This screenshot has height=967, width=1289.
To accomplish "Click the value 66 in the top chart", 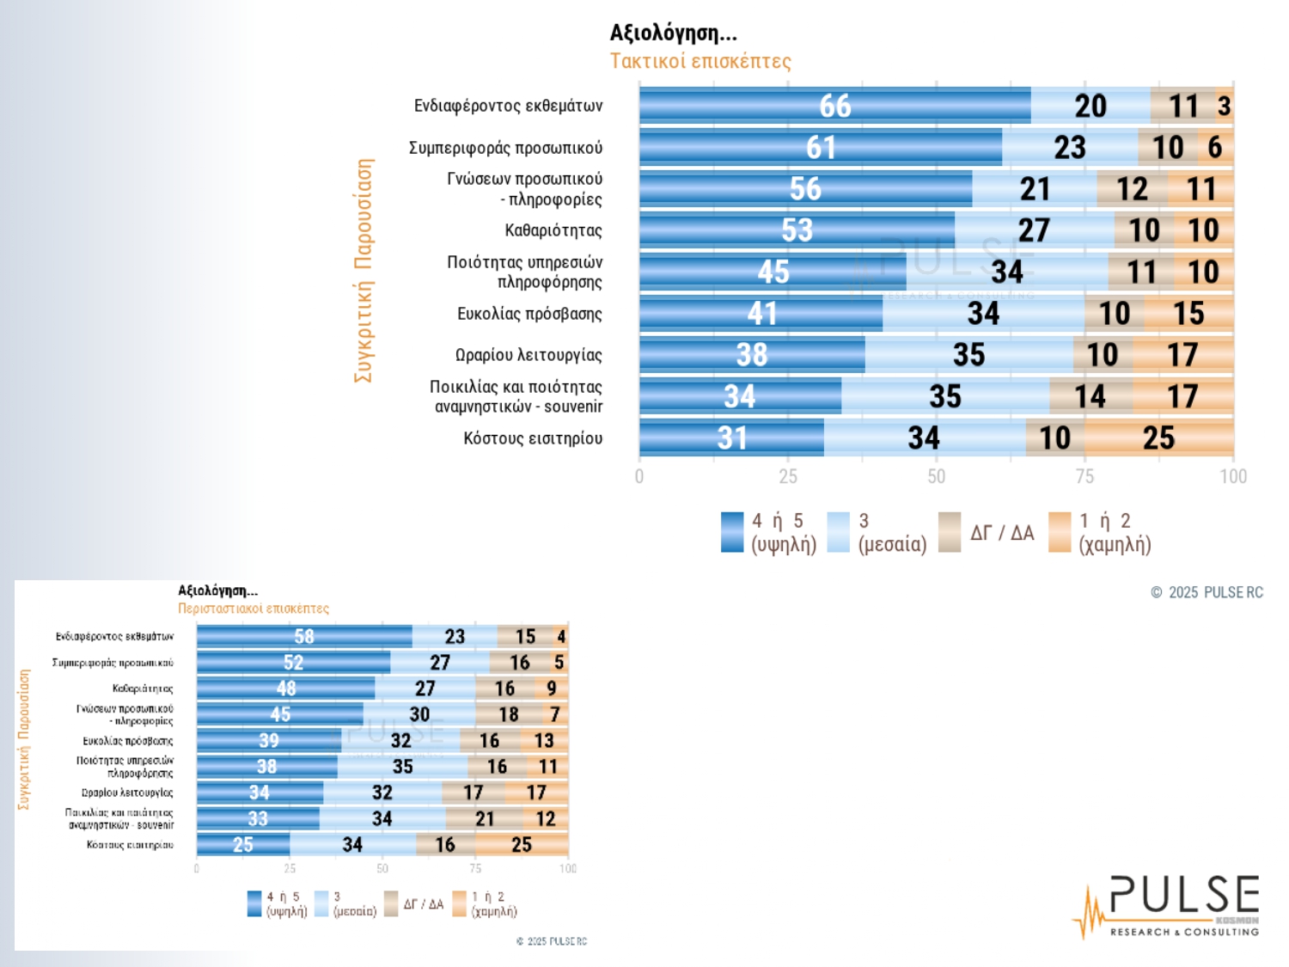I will (x=834, y=106).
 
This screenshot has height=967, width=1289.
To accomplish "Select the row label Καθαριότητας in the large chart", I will (x=553, y=230).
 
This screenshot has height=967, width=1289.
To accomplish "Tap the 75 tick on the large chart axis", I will (x=1084, y=476).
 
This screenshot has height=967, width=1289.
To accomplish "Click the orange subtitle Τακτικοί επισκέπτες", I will (x=700, y=61).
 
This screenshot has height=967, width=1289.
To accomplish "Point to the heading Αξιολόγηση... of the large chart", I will (x=673, y=33).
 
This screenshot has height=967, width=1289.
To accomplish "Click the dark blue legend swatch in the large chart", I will (x=732, y=532).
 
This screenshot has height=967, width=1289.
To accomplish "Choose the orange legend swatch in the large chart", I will (x=1060, y=532).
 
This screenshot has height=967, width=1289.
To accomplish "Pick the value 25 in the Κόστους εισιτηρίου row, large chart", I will (x=1158, y=438).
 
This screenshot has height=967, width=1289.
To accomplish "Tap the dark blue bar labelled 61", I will (x=821, y=147).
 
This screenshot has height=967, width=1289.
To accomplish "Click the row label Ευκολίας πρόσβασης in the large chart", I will (x=529, y=314).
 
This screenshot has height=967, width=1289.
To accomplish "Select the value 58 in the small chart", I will (x=304, y=637).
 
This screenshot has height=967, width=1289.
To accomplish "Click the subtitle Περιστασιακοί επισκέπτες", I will (x=254, y=609).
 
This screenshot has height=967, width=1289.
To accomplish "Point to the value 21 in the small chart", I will (x=485, y=819).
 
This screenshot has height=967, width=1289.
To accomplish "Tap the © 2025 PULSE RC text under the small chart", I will (x=552, y=941).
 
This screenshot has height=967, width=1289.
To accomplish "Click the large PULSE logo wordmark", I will (x=1183, y=896).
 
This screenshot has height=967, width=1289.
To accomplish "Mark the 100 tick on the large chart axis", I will (x=1233, y=476).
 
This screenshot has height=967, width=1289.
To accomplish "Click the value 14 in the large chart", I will (x=1090, y=396).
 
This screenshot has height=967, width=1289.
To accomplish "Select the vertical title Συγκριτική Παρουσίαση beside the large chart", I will (x=364, y=270).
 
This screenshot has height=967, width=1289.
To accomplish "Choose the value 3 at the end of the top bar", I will (x=1225, y=106).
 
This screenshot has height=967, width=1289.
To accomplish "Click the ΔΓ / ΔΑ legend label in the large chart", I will (x=1002, y=533).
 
